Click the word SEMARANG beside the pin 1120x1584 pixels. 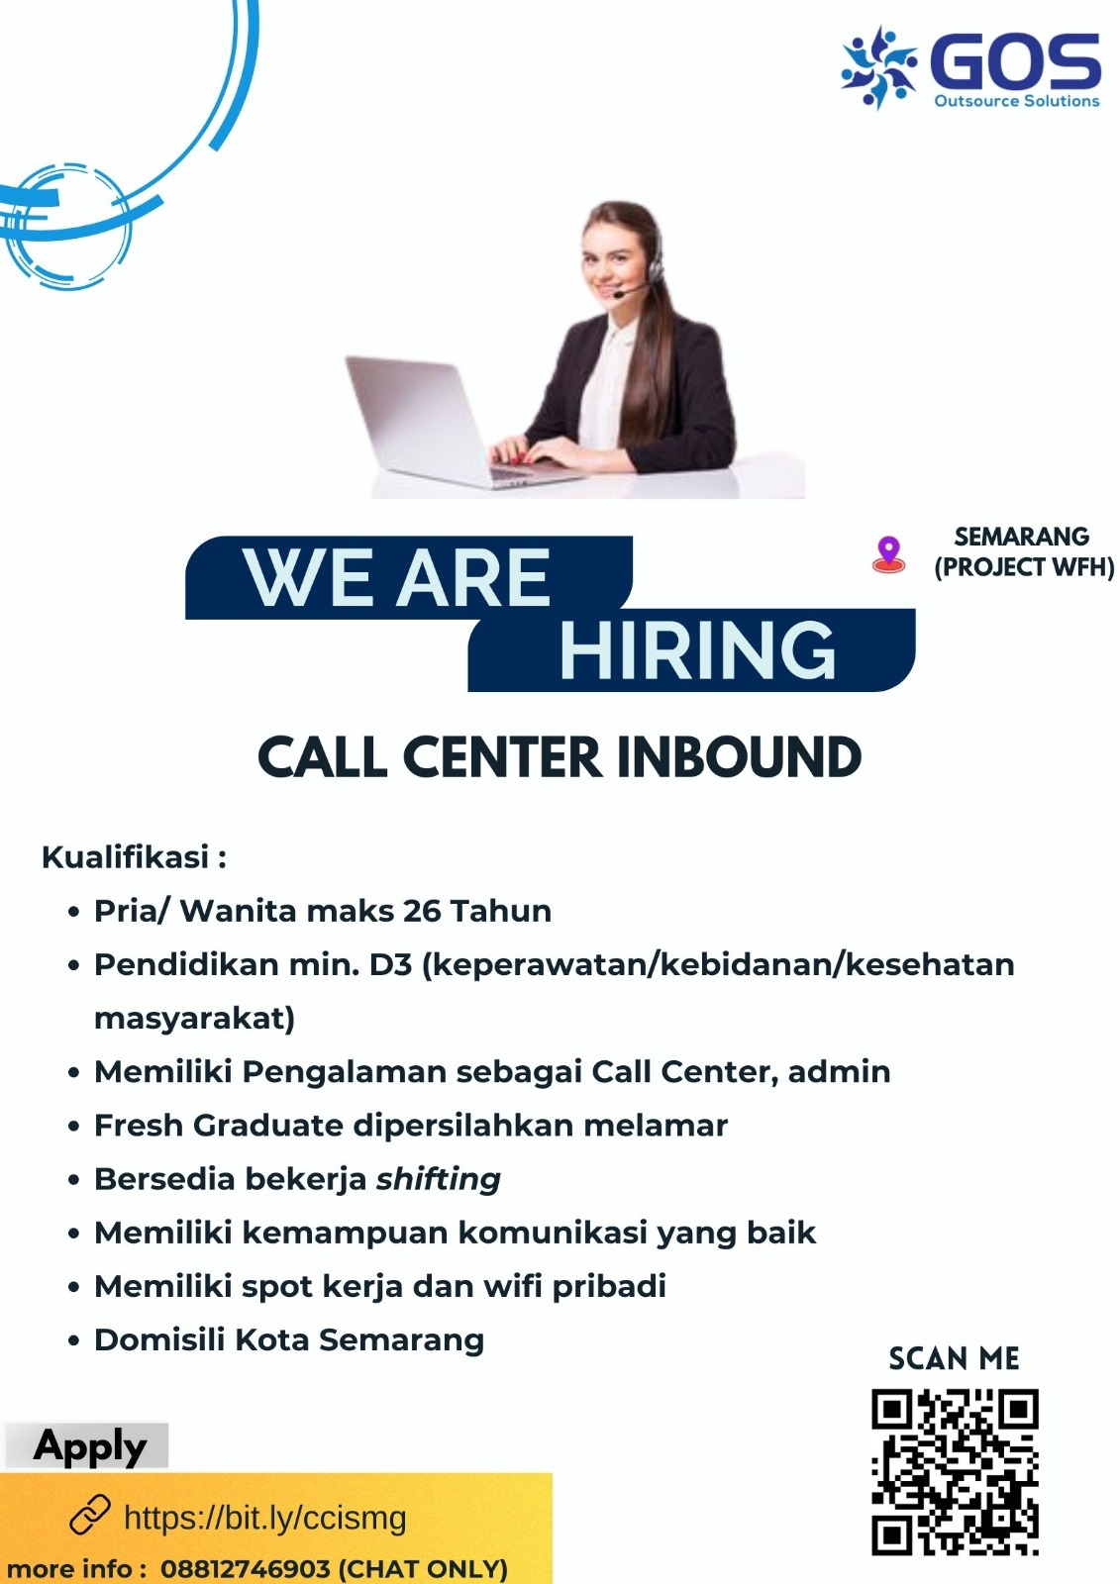coord(1022,537)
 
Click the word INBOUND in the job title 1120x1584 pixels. coord(740,757)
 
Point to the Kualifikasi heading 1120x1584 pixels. coord(135,857)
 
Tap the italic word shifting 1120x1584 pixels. coord(438,1179)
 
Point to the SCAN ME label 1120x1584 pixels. coord(954,1358)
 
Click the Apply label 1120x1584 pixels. coord(89,1445)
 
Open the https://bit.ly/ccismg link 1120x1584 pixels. coord(265,1518)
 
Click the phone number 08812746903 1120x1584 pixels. coord(245,1568)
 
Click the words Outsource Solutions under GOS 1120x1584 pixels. coord(1017,101)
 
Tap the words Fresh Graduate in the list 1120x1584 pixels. coord(219,1125)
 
